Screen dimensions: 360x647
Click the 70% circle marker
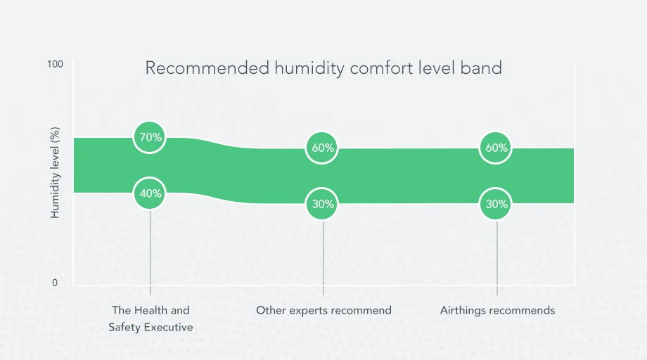[150, 137]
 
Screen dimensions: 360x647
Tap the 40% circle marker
[150, 193]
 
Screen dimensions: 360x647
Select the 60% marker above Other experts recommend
[323, 148]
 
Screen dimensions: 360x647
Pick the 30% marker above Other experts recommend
[323, 205]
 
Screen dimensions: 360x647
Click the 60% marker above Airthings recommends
[497, 148]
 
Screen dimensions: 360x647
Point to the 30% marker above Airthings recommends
[497, 205]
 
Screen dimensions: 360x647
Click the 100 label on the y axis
[55, 64]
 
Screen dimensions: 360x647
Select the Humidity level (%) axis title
[55, 172]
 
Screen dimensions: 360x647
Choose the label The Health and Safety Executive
[150, 319]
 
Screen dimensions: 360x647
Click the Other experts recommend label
[323, 310]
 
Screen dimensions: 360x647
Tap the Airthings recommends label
[497, 310]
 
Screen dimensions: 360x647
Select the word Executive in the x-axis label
[168, 327]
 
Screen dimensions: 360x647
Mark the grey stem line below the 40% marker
[150, 246]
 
